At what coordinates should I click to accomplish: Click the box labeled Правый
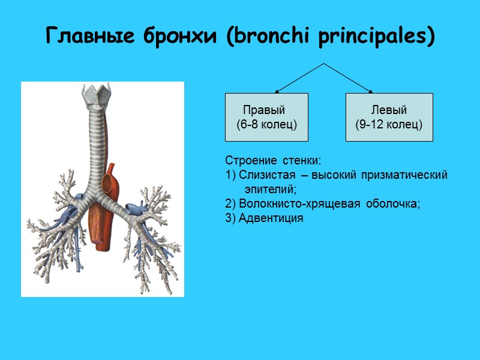click(x=266, y=117)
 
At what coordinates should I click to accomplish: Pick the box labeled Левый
click(x=389, y=117)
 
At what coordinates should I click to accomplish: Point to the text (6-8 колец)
click(x=267, y=125)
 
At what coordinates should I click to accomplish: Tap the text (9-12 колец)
click(x=389, y=125)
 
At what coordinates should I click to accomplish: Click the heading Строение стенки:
click(x=274, y=161)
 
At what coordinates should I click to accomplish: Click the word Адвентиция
click(x=271, y=218)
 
